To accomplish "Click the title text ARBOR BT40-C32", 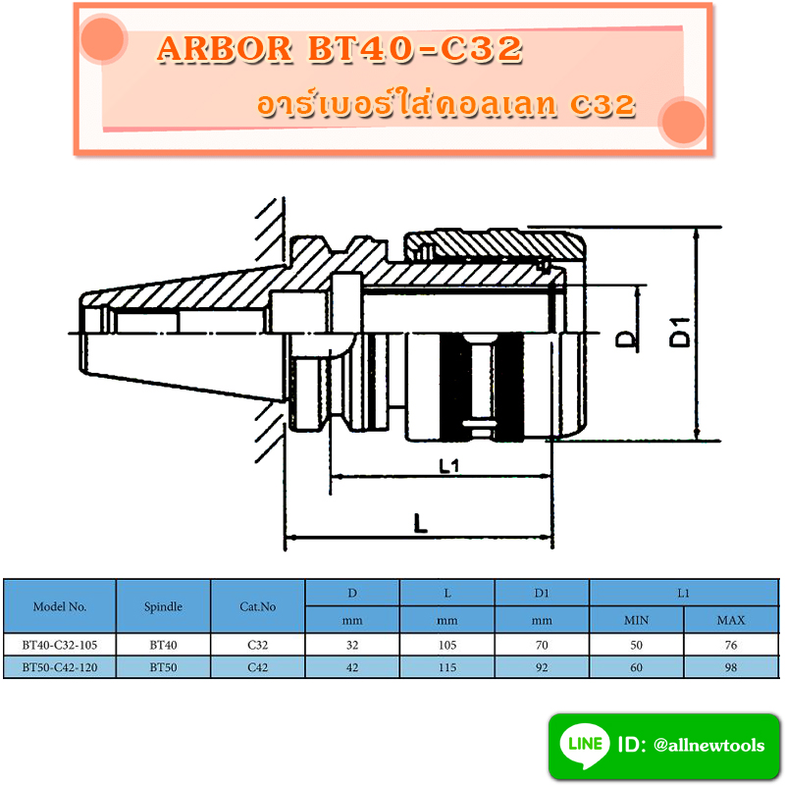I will (x=339, y=50).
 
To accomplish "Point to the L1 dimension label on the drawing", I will (x=449, y=465).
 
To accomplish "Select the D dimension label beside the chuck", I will (x=625, y=339).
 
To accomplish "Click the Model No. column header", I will (x=60, y=606).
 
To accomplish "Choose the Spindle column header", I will (x=163, y=606).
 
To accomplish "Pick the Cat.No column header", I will (x=258, y=606).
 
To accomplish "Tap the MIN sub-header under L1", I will (x=637, y=620).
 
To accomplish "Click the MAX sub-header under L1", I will (x=731, y=620).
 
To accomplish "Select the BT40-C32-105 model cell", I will (x=60, y=646).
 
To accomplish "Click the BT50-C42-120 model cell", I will (x=60, y=667).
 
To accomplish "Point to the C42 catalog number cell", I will (x=258, y=667).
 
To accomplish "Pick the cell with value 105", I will (x=447, y=646).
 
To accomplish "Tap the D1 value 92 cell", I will (x=542, y=667).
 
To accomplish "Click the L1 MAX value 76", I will (x=731, y=646).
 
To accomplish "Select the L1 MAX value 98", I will (x=731, y=667).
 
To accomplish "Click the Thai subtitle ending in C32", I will (x=444, y=106).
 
